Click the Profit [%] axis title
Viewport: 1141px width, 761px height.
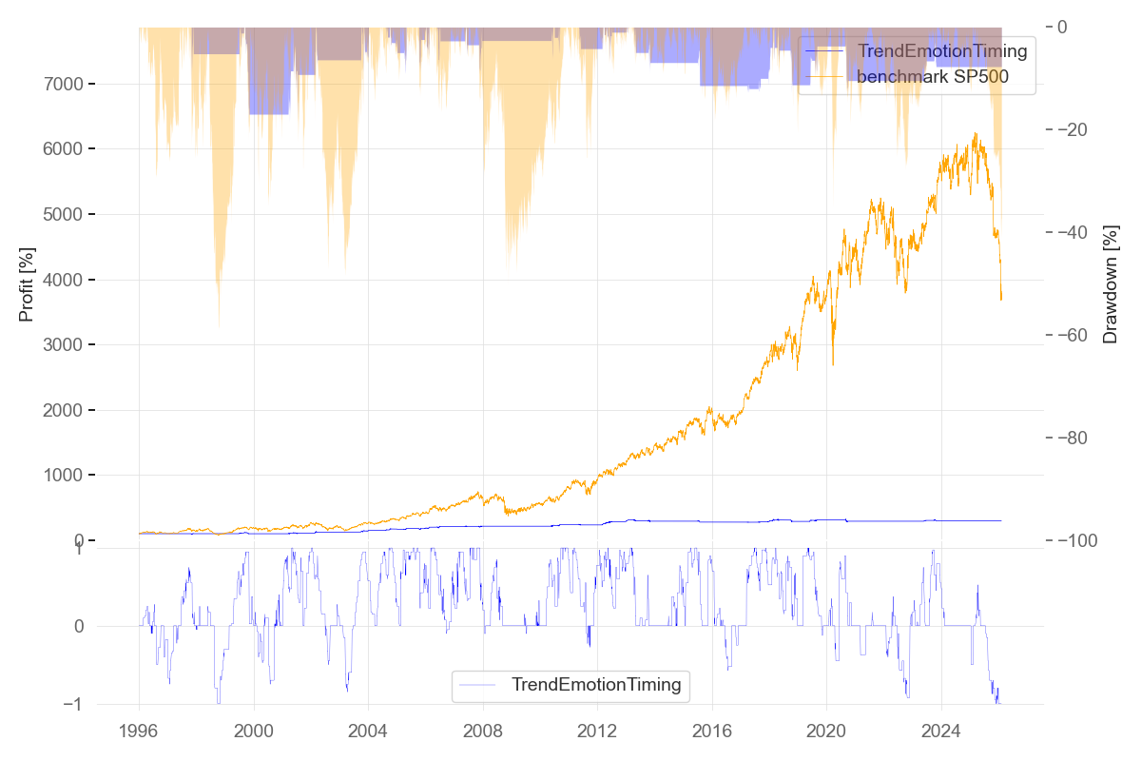pos(27,283)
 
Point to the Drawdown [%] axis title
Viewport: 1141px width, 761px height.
pos(1110,283)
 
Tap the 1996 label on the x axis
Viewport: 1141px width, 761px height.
pos(139,732)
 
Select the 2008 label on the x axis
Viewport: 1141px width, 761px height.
pos(482,732)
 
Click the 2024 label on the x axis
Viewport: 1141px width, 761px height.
pos(940,732)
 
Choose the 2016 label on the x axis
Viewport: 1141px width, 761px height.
pos(711,732)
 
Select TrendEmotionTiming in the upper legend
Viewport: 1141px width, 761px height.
pos(941,51)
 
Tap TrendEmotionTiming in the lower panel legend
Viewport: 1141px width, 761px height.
pos(595,684)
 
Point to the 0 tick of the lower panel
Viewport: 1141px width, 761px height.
pos(79,626)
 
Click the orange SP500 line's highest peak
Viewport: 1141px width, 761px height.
pos(976,134)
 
